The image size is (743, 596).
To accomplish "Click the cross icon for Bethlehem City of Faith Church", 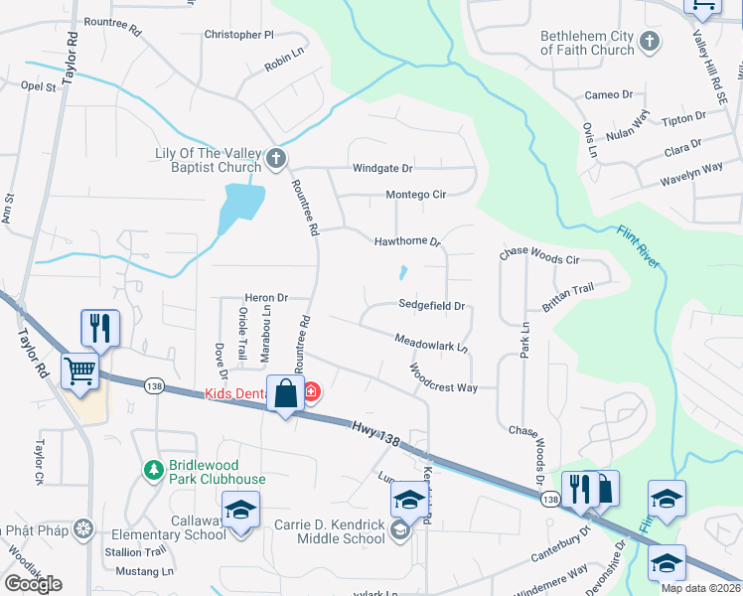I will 650,42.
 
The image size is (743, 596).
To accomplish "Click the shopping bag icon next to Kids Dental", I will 285,393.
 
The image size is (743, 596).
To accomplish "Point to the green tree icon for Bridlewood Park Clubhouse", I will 153,469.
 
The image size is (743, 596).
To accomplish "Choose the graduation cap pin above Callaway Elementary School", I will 240,510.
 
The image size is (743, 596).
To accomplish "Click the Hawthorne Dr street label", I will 406,241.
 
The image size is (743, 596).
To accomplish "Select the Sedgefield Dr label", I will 432,305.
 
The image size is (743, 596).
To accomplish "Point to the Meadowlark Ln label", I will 431,343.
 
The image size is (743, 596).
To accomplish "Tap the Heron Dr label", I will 266,297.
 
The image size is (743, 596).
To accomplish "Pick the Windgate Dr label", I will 382,169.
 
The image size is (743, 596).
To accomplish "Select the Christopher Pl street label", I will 238,34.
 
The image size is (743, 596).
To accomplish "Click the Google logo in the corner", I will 33,584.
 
